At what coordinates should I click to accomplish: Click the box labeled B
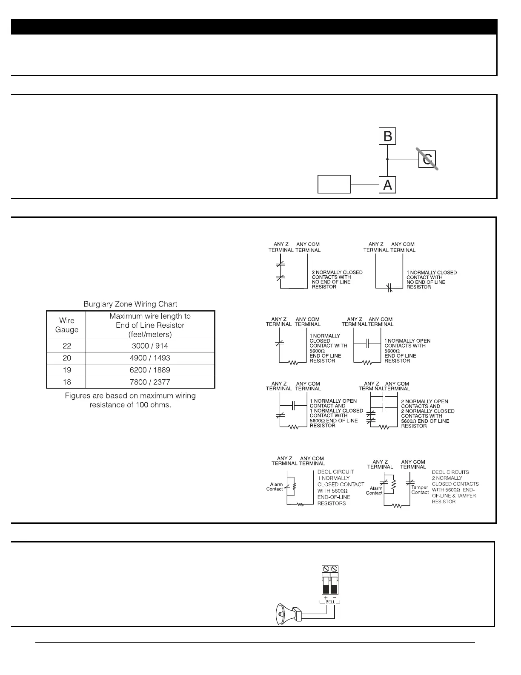click(x=387, y=136)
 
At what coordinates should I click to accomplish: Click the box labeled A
click(x=387, y=185)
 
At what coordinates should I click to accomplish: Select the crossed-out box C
click(x=427, y=159)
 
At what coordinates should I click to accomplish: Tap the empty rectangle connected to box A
click(x=334, y=184)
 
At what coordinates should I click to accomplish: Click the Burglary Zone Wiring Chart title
click(x=130, y=304)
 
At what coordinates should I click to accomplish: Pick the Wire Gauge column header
click(x=66, y=325)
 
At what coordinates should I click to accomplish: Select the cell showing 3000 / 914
click(x=150, y=346)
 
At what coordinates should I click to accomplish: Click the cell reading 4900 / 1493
click(x=150, y=358)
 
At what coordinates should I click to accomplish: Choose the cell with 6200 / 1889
click(x=150, y=370)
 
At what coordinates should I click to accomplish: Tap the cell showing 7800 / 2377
click(x=150, y=382)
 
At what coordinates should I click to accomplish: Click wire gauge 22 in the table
click(x=67, y=346)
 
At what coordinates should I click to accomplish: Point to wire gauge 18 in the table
click(x=67, y=382)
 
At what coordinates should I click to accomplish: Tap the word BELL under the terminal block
click(x=330, y=602)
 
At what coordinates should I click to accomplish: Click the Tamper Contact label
click(x=420, y=490)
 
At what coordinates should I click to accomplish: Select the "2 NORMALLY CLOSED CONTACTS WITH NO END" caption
click(x=337, y=280)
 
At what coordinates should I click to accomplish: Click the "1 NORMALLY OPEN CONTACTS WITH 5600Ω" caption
click(x=407, y=351)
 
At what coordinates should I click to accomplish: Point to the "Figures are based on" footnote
click(x=130, y=400)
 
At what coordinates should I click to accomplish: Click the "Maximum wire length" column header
click(x=150, y=325)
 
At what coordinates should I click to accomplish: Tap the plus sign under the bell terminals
click(x=326, y=597)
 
